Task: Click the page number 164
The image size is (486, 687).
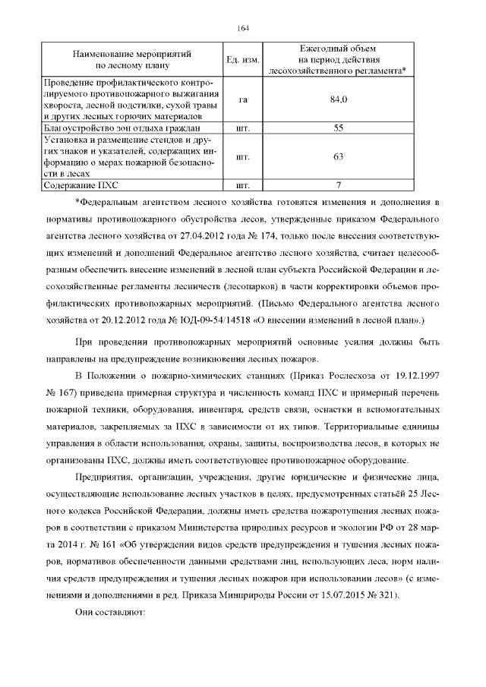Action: click(243, 28)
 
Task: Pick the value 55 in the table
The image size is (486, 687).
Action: click(339, 128)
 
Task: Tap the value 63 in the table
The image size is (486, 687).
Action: click(339, 156)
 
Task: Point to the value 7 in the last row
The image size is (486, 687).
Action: click(339, 184)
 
